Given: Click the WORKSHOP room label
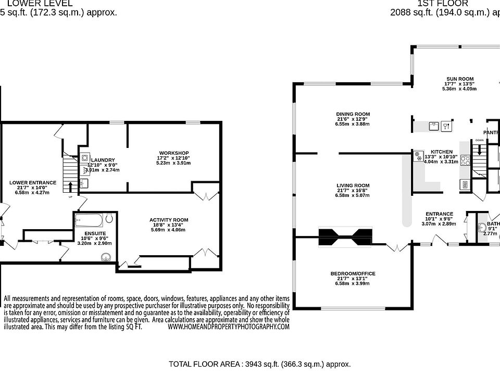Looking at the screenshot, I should (173, 152).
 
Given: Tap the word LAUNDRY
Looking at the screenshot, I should (103, 160).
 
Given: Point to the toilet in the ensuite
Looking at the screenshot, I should (109, 218).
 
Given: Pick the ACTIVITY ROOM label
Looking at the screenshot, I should (169, 220).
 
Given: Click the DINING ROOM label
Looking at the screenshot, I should (353, 114).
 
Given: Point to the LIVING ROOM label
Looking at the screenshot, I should (353, 185).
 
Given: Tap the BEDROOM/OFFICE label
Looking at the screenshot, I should (353, 273).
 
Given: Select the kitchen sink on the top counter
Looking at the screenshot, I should (433, 125).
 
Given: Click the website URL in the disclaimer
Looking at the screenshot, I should (228, 327).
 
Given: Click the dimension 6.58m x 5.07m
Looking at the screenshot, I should (353, 196).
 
